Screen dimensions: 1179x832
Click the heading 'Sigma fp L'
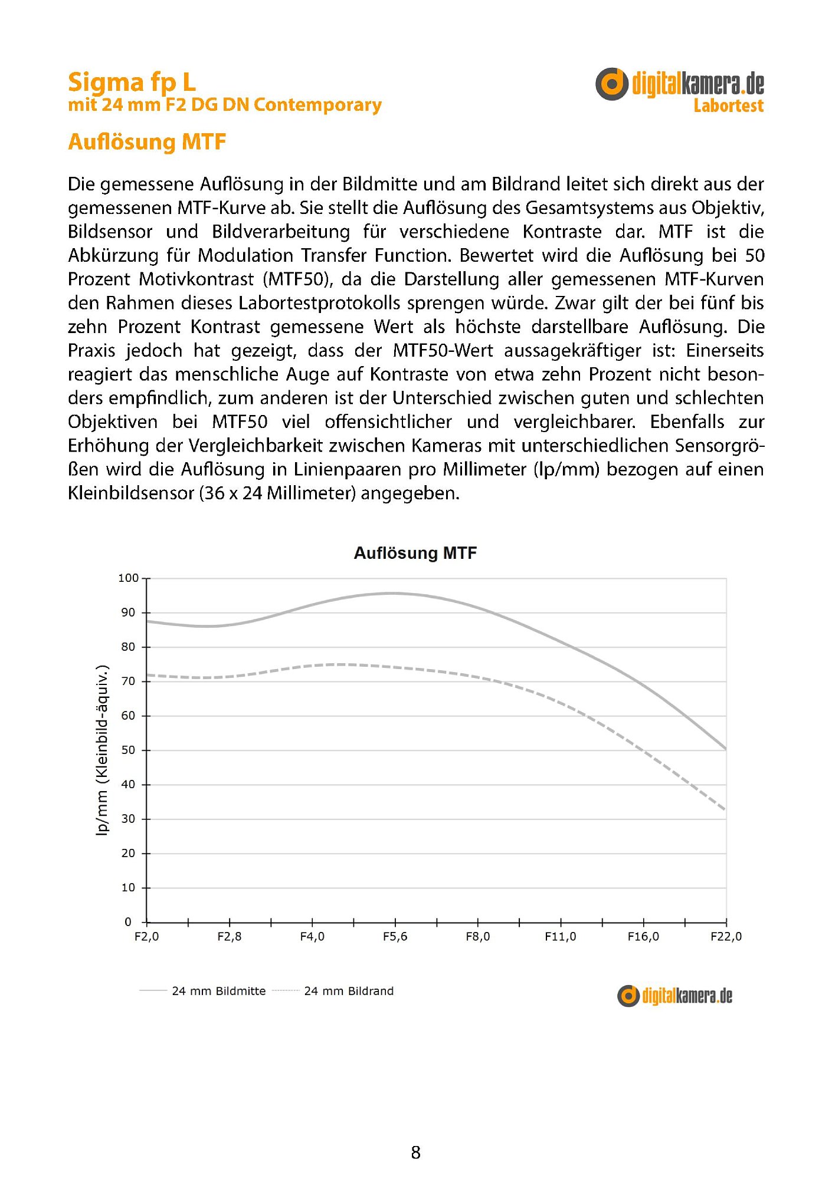click(x=132, y=82)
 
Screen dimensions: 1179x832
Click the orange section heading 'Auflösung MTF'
click(x=147, y=142)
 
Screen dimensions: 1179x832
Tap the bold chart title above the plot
click(x=415, y=553)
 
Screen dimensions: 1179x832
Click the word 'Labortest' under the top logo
click(x=728, y=106)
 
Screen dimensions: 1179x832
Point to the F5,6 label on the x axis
click(x=395, y=937)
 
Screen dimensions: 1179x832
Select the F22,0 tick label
click(x=726, y=937)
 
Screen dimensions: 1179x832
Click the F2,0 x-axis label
click(x=146, y=937)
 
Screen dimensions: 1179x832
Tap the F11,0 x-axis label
click(x=560, y=937)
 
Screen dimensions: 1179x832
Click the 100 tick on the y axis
click(x=128, y=578)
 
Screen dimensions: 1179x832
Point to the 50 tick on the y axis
click(x=128, y=750)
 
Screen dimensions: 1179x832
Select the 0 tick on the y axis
click(x=128, y=922)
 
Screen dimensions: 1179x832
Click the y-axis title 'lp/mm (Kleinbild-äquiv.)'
click(x=103, y=750)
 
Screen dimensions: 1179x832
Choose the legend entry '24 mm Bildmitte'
click(x=218, y=992)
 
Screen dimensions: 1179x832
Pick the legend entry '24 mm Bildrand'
click(x=349, y=992)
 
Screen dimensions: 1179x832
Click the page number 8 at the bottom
click(x=415, y=1152)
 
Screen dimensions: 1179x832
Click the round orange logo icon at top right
click(x=611, y=84)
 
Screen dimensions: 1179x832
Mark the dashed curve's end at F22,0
click(x=725, y=809)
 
